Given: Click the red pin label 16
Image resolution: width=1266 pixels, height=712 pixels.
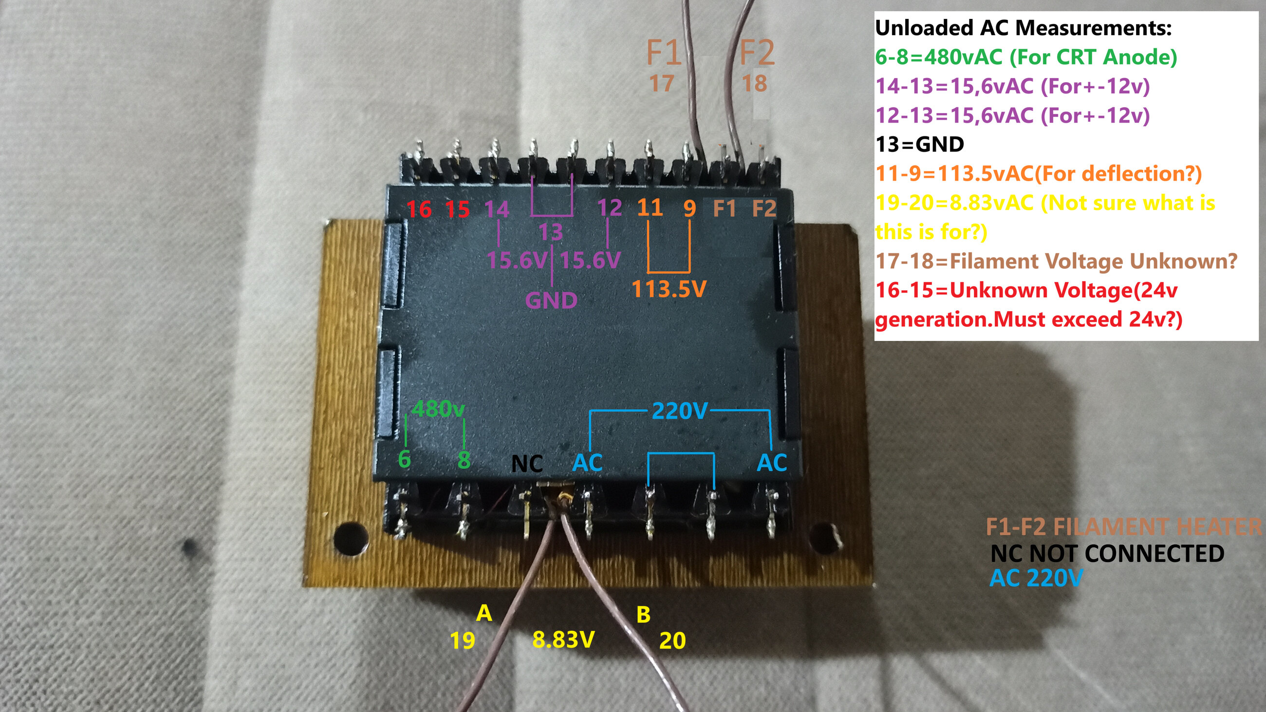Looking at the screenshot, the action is (419, 210).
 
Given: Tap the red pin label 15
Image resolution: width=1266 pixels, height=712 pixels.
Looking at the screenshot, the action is (458, 210).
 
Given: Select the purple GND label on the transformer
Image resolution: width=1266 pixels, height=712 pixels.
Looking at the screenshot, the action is (551, 300).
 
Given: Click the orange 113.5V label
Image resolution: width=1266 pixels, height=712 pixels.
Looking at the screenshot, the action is (669, 289).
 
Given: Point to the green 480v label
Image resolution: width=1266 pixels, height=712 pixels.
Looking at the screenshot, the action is (438, 408).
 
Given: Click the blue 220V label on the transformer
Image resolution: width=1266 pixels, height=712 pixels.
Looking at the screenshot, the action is (680, 412).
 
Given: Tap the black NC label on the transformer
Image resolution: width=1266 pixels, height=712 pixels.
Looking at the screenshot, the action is (527, 464).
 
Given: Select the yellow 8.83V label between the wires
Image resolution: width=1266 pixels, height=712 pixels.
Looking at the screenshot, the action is (564, 639).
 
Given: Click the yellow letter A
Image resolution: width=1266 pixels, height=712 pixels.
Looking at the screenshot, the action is (484, 613).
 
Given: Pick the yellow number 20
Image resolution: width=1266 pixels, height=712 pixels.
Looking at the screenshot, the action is (672, 641).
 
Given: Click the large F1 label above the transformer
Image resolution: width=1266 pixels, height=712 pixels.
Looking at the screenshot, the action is (664, 53).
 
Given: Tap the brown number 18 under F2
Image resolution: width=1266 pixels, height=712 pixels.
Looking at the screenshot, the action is (754, 84).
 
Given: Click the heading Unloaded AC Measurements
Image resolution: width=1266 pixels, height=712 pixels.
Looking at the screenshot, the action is (1023, 28).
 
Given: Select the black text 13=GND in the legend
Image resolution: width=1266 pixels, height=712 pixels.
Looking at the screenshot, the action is (920, 145).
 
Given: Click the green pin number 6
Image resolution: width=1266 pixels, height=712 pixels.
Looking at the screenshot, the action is (405, 459).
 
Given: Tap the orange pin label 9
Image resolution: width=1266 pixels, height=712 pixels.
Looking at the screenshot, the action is (690, 208).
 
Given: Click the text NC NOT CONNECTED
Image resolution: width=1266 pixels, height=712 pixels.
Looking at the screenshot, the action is (1107, 554).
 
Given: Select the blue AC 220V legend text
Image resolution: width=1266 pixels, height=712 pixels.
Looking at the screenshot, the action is (1036, 579).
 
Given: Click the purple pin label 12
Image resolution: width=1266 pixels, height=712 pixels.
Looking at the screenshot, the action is (610, 208).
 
